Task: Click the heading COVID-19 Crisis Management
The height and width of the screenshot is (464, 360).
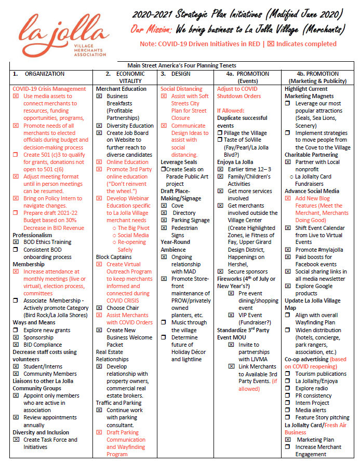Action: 49,89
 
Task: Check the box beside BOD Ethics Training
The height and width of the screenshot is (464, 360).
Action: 16,242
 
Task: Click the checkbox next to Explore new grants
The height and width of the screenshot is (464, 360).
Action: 16,330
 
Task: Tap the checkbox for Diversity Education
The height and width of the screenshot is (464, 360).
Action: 99,126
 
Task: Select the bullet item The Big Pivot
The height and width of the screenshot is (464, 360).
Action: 136,228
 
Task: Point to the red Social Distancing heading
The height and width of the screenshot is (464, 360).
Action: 181,89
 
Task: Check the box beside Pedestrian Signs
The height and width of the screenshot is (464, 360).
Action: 164,228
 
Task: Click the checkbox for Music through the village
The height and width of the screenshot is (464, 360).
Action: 164,323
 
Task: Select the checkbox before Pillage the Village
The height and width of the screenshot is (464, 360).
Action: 220,133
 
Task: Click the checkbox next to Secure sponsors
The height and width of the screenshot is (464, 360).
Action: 220,271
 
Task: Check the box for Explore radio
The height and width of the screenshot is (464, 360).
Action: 288,388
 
